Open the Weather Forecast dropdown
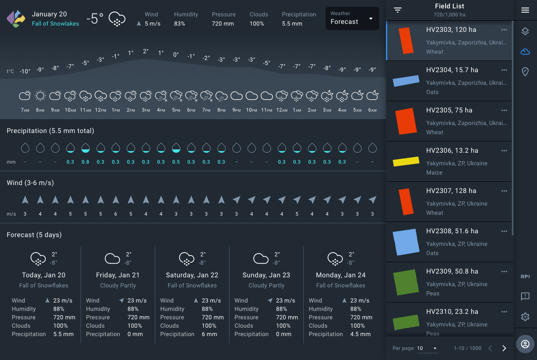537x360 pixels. (352, 18)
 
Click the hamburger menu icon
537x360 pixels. (525, 10)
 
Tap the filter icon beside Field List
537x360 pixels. (398, 10)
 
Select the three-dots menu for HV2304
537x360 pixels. (504, 70)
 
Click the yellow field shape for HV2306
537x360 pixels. (406, 162)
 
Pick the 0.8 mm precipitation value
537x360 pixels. (86, 162)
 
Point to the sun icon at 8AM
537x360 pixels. (40, 96)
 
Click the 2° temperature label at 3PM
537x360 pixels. (146, 52)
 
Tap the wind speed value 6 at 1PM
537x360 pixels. (116, 214)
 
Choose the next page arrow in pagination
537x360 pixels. (504, 348)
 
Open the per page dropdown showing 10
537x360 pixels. (427, 348)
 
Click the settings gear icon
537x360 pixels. (525, 317)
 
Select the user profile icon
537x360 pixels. (525, 344)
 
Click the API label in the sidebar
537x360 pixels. (525, 277)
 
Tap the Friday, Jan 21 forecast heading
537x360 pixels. (118, 275)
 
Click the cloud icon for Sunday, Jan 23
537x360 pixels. (261, 258)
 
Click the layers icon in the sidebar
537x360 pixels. (525, 31)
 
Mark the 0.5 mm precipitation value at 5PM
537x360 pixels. (176, 162)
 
